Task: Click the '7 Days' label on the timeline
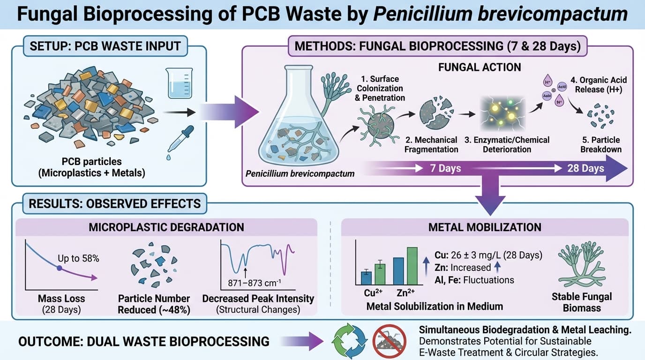[445, 168]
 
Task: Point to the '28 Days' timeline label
[585, 168]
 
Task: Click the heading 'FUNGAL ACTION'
[480, 67]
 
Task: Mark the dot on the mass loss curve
[59, 269]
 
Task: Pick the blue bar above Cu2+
[367, 278]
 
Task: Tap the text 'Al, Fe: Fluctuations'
[473, 280]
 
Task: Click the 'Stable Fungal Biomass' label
[582, 302]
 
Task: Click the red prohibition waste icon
[389, 340]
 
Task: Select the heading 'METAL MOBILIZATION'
[485, 227]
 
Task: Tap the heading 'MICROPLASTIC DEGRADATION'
[166, 227]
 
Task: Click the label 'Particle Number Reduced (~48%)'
[154, 304]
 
